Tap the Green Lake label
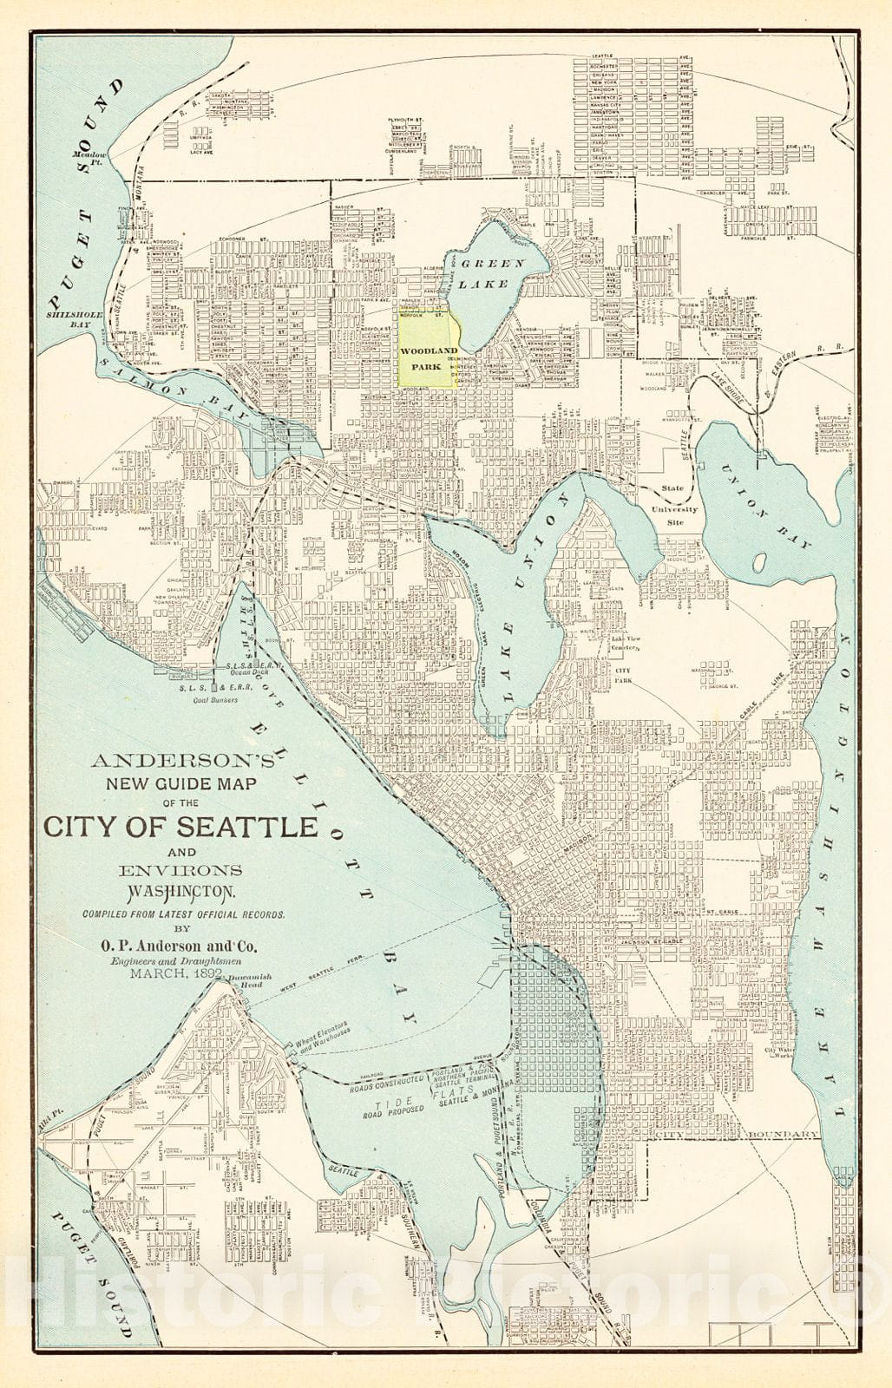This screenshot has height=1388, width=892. (x=491, y=272)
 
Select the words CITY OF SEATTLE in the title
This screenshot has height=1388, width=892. (x=181, y=825)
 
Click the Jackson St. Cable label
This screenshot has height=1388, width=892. (x=653, y=940)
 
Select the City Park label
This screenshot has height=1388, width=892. (x=621, y=677)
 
